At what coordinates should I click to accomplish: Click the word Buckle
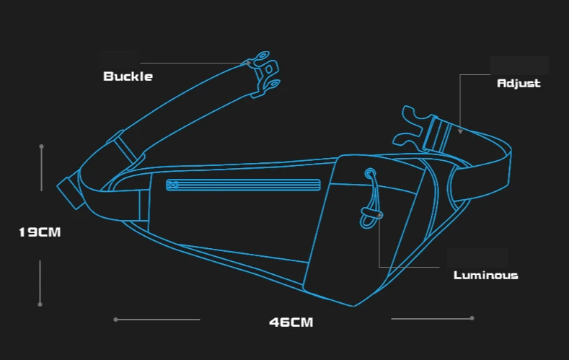[x=128, y=76]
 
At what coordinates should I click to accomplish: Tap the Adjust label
[x=519, y=83]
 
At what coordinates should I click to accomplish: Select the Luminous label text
[x=485, y=275]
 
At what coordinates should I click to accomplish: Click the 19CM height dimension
[x=40, y=232]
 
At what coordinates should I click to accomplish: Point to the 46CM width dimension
[x=291, y=322]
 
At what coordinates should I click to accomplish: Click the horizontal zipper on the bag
[x=243, y=185]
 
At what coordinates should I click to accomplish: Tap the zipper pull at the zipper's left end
[x=172, y=185]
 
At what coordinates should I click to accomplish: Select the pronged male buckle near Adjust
[x=409, y=127]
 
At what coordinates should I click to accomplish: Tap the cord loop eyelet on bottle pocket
[x=370, y=173]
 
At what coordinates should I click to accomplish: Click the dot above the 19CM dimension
[x=42, y=146]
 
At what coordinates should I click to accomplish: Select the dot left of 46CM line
[x=115, y=319]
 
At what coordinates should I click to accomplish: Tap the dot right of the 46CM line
[x=472, y=317]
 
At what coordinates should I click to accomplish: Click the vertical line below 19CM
[x=40, y=282]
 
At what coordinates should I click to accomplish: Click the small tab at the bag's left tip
[x=68, y=191]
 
